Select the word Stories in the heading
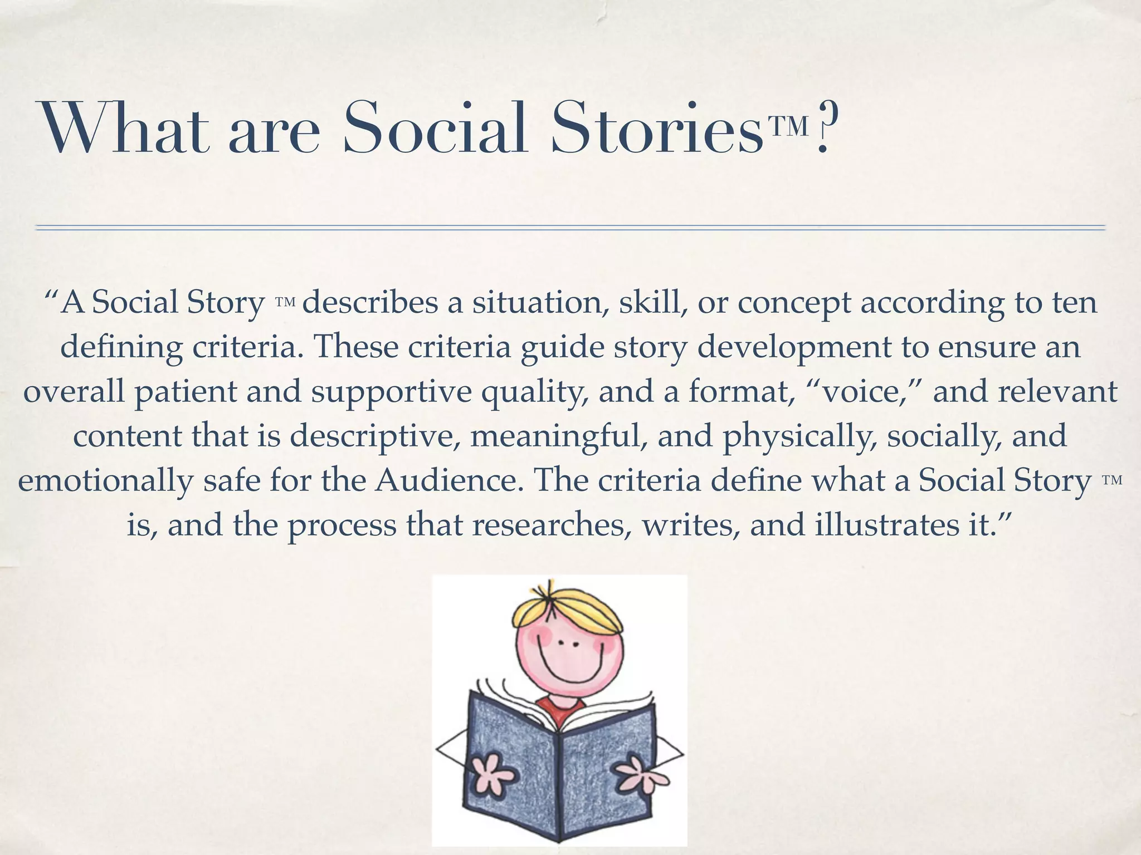pos(657,127)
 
